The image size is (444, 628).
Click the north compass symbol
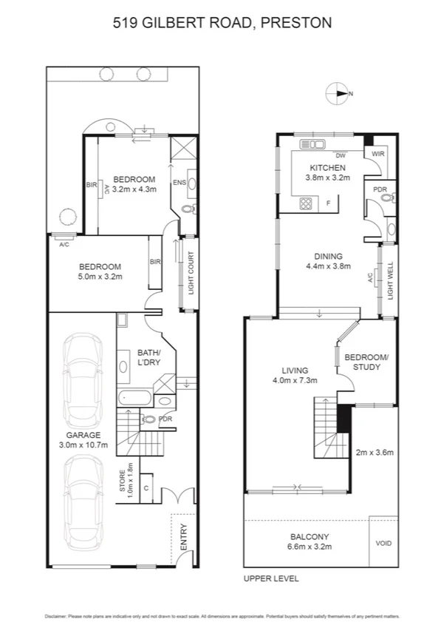pos(338,93)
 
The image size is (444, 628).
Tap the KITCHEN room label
pos(327,169)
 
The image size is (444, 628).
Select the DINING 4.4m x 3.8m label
pos(329,261)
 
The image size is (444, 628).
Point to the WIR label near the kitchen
pos(378,155)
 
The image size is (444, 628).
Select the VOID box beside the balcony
pos(383,544)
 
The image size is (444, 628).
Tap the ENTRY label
pos(183,536)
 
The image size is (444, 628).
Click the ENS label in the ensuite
pos(179,182)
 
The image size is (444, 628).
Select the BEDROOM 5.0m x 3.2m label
pos(100,271)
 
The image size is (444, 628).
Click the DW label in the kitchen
pos(341,156)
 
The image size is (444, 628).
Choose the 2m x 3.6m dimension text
pos(375,452)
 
